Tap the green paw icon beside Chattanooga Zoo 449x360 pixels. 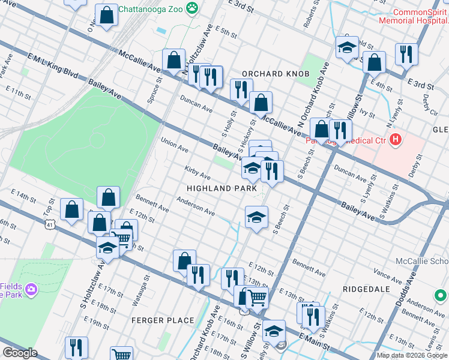[x=192, y=8]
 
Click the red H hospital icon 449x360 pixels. [x=395, y=140]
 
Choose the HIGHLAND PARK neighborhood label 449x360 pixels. [x=217, y=188]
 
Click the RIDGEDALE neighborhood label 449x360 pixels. [x=363, y=289]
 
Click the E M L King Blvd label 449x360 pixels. [x=53, y=65]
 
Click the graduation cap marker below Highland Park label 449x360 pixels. [x=256, y=217]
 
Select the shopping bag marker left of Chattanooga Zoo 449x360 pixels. [x=106, y=16]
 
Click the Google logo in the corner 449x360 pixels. [x=20, y=352]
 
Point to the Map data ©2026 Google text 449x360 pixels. [x=411, y=355]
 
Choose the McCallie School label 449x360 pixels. [x=422, y=262]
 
